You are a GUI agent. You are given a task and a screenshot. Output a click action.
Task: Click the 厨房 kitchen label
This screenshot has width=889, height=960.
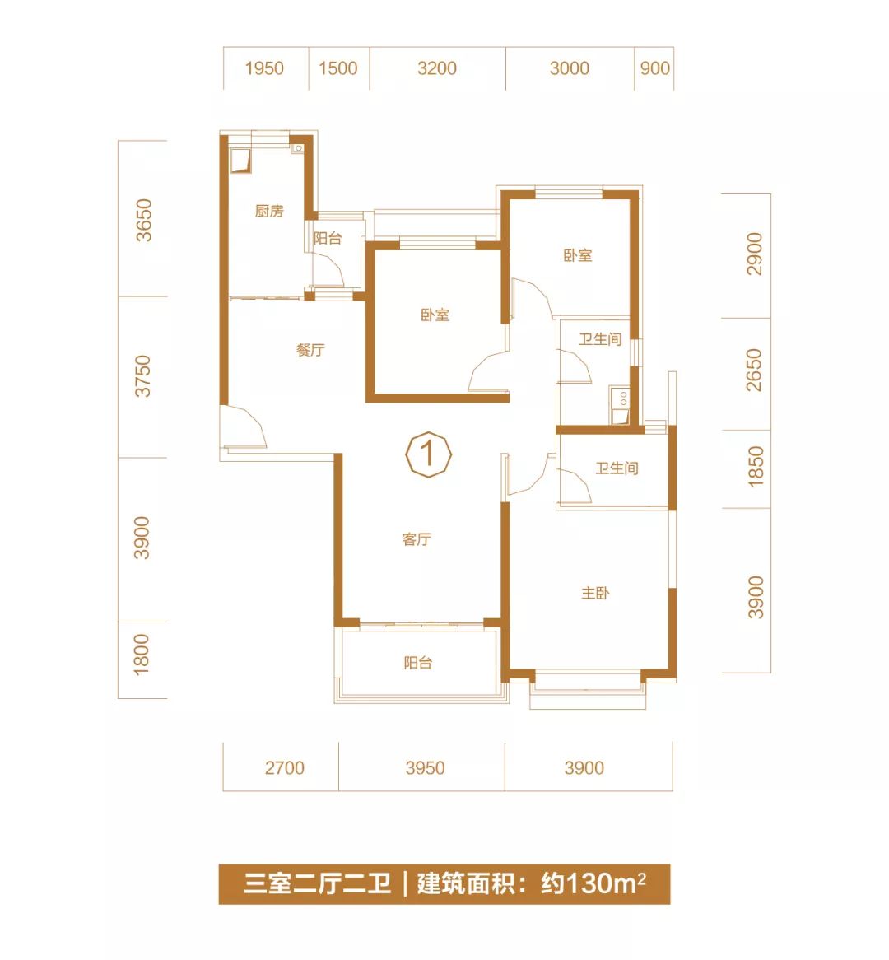[269, 212]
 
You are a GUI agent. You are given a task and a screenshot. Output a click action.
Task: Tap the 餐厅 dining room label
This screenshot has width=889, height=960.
[310, 350]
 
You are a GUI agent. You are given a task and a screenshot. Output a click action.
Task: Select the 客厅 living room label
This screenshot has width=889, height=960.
[417, 539]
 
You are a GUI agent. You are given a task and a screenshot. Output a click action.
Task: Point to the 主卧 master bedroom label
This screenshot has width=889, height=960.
[595, 593]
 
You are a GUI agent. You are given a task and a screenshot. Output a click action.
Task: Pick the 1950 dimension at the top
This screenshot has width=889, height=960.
[264, 68]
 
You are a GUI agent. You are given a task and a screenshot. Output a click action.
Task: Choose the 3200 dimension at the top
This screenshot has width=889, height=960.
[436, 68]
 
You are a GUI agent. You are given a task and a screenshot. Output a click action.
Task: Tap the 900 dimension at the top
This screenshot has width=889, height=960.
[654, 68]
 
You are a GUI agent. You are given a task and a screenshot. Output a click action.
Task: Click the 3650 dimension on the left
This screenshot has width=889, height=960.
[144, 219]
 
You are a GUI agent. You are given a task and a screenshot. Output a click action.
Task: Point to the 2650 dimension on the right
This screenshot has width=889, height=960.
[754, 370]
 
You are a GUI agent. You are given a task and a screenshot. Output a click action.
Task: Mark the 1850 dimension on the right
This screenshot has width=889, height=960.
[755, 466]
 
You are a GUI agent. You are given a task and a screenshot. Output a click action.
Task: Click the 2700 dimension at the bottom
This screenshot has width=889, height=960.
[284, 768]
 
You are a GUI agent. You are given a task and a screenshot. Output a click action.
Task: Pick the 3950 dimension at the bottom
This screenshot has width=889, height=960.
[425, 768]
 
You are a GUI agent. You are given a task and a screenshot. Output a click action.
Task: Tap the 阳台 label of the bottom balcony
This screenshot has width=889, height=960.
[418, 663]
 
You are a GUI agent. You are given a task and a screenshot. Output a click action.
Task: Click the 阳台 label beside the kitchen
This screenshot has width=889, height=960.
[328, 239]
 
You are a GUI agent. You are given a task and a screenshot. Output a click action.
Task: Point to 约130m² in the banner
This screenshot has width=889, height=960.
[593, 884]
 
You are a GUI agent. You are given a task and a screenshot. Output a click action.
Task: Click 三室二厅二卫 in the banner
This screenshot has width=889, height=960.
[317, 884]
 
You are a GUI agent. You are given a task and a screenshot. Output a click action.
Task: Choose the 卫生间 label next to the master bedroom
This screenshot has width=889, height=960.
[617, 468]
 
